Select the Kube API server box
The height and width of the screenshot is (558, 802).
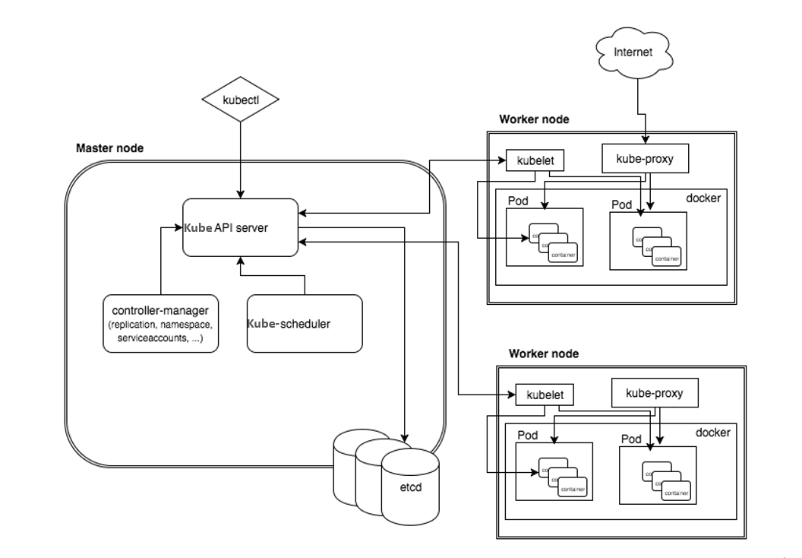[x=239, y=227]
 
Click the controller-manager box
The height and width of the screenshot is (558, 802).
[x=160, y=323]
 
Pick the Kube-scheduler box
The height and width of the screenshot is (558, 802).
[x=304, y=323]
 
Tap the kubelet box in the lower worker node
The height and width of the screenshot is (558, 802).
[x=544, y=395]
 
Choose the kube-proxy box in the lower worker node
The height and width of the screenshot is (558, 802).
[x=654, y=393]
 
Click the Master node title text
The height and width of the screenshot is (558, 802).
[x=109, y=147]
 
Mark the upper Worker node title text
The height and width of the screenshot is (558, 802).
[x=534, y=120]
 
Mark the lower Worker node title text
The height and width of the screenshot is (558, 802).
[x=544, y=354]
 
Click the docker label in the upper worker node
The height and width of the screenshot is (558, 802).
[x=703, y=198]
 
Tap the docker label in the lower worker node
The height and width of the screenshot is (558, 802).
[x=712, y=433]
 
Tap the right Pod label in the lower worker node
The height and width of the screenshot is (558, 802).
[x=632, y=439]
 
